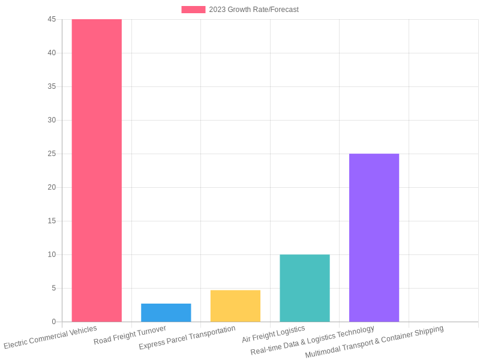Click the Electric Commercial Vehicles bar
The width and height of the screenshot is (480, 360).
[97, 170]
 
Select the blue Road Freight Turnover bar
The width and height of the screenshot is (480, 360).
[166, 313]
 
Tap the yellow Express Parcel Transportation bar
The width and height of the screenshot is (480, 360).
[235, 306]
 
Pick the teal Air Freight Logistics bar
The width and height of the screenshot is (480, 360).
[305, 288]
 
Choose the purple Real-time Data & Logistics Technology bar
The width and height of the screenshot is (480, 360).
[374, 238]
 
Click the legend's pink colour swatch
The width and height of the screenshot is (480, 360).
[193, 10]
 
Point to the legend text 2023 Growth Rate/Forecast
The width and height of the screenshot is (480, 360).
[254, 10]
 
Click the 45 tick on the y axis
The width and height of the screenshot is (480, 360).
[52, 19]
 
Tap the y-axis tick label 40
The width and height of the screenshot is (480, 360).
[52, 53]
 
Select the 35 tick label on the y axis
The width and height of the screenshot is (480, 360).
[52, 86]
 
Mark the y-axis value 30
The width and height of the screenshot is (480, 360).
[52, 120]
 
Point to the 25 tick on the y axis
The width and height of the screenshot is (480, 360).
[52, 154]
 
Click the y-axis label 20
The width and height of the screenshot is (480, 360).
[52, 187]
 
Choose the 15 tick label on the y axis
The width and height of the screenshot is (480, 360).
[52, 221]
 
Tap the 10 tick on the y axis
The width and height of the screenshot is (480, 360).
[52, 254]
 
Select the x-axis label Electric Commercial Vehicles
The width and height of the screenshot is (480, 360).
[50, 337]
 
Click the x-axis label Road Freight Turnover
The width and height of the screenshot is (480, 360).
[130, 335]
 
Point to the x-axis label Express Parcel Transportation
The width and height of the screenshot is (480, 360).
[187, 338]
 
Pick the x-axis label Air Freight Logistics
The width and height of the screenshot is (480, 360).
[274, 334]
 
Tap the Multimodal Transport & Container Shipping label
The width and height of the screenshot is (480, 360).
[374, 341]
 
